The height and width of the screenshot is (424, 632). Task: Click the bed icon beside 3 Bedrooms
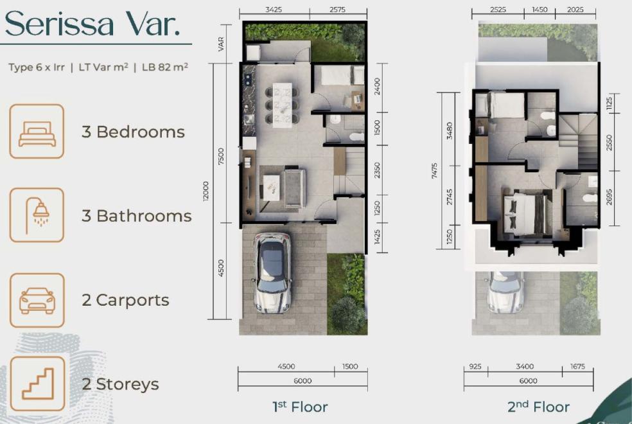pos(37,132)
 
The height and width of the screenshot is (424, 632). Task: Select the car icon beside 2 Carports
pos(37,300)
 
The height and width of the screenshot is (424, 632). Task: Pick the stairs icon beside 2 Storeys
pos(37,384)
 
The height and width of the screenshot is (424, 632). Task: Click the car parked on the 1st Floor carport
pos(272,273)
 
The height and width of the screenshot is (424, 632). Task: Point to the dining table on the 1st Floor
pos(282,105)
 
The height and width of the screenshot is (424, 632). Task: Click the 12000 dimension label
pos(206,191)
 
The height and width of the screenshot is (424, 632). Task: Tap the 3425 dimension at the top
pos(274,10)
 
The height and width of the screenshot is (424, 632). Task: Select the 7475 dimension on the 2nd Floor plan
pos(434,171)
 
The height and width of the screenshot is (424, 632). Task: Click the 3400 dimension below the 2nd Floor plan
pos(524,366)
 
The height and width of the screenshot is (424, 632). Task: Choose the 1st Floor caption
pos(301,407)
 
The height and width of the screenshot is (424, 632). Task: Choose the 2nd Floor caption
pos(538,407)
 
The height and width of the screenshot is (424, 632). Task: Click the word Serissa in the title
pos(59,24)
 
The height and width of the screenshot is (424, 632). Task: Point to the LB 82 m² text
pos(165,67)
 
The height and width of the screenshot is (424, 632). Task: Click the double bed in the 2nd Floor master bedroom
pos(524,213)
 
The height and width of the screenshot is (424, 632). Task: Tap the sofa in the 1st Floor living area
pos(295,188)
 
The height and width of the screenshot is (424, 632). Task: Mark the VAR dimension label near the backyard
pos(222,44)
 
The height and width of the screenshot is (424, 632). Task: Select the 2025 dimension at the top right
pos(575,10)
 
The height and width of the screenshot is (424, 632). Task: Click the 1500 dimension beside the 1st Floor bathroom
pos(377,128)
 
